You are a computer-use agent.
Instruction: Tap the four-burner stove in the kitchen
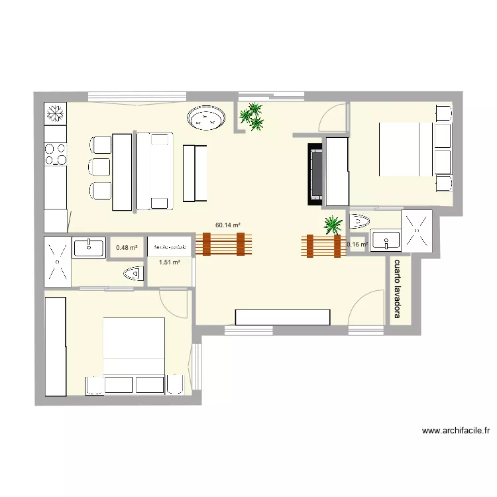click(56, 154)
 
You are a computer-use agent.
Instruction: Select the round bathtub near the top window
click(206, 119)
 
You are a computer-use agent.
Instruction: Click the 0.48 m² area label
click(127, 248)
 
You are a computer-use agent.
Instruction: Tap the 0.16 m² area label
click(357, 245)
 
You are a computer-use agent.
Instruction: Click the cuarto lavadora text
click(398, 289)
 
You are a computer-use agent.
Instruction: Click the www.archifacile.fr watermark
click(456, 431)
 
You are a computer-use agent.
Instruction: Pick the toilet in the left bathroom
click(133, 272)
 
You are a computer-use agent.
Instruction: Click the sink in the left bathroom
click(89, 248)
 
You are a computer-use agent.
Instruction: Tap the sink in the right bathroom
click(384, 240)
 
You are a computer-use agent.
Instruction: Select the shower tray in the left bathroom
click(57, 262)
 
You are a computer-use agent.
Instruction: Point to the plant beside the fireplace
click(333, 225)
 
